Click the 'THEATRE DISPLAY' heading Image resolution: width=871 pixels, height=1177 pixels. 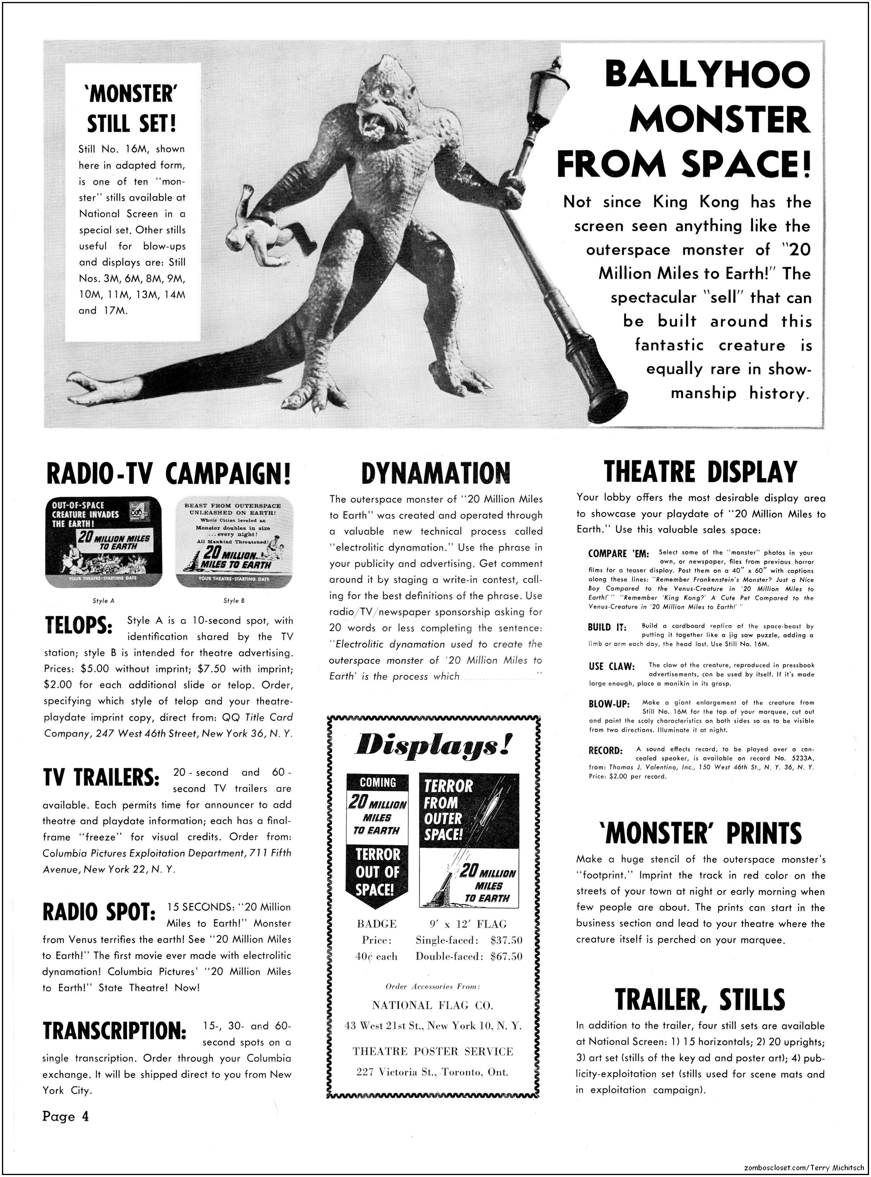click(700, 472)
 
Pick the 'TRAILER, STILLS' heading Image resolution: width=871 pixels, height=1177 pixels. click(700, 999)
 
